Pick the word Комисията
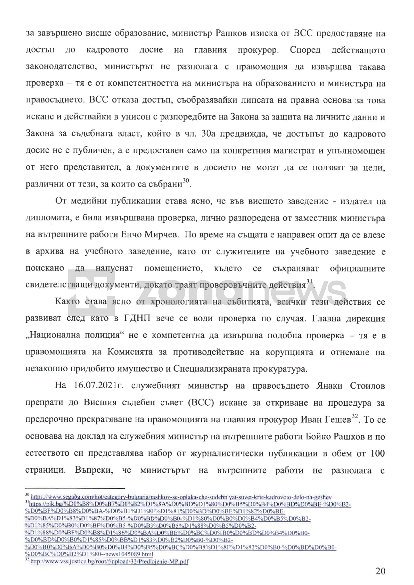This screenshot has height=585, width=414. (130, 352)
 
